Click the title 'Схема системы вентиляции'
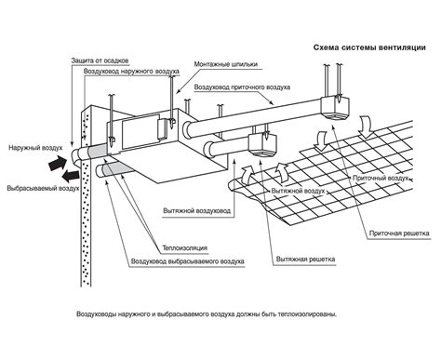(369, 47)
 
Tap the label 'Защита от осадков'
(100, 60)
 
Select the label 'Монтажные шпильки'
(226, 64)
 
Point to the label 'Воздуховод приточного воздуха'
(242, 87)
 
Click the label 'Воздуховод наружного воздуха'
(131, 72)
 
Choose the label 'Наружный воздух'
(35, 147)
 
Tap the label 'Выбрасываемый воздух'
(43, 188)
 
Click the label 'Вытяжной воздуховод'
(197, 211)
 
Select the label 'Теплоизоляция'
(185, 248)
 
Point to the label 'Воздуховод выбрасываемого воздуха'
(188, 261)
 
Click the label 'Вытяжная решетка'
(305, 259)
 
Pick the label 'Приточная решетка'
(399, 233)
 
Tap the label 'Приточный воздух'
(381, 178)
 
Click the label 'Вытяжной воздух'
(298, 191)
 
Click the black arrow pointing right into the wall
(58, 162)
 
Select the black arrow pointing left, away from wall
(71, 176)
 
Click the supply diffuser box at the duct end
(335, 108)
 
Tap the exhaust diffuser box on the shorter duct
(262, 145)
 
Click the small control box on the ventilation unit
(162, 128)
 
